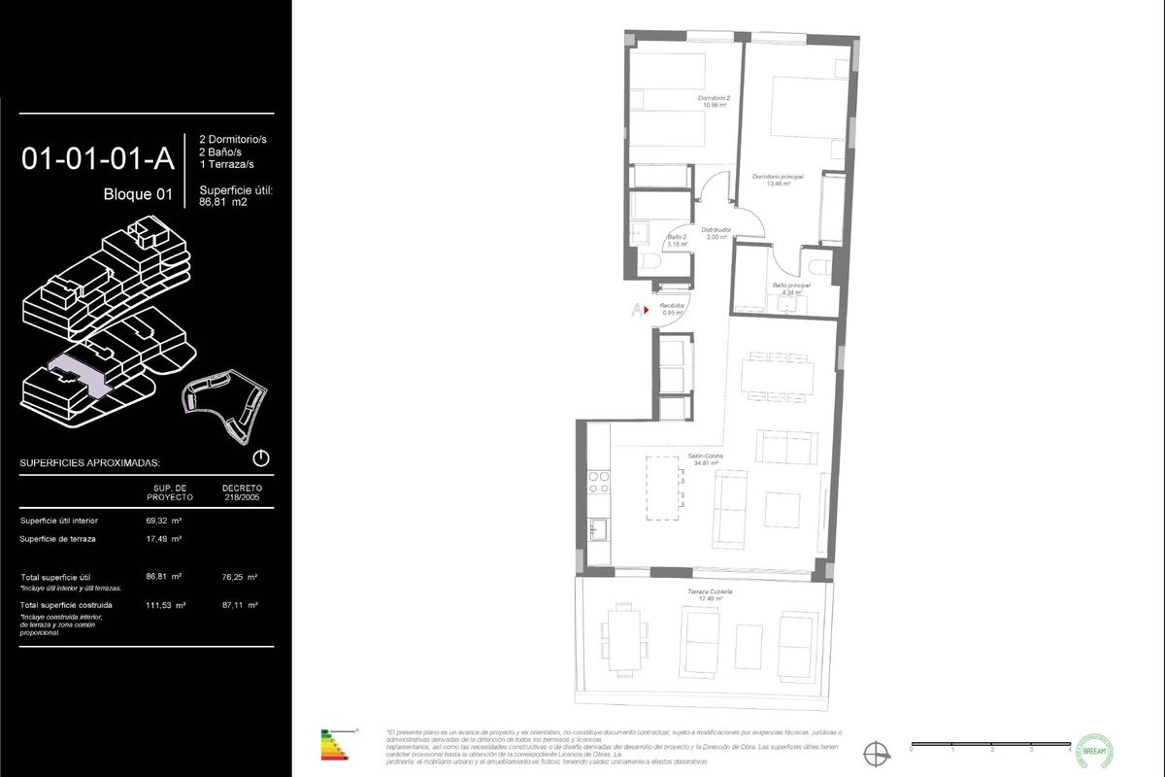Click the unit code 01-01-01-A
tap(97, 158)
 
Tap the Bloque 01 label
tap(137, 194)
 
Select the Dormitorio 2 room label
tap(714, 102)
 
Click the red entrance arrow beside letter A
tap(646, 310)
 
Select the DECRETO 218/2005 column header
tap(242, 492)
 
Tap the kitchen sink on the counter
tap(598, 529)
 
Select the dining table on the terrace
tap(622, 632)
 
